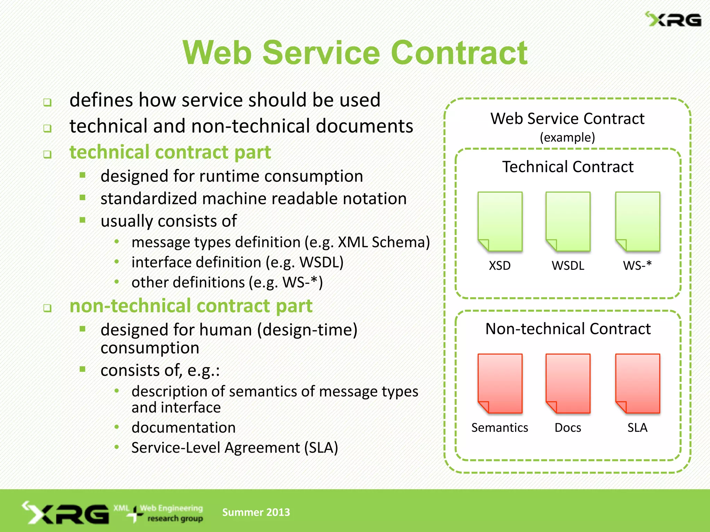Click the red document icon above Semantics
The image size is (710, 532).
pyautogui.click(x=500, y=383)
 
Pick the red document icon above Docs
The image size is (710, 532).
pyautogui.click(x=568, y=383)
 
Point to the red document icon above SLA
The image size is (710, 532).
pyautogui.click(x=637, y=383)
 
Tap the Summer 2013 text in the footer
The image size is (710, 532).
pyautogui.click(x=256, y=512)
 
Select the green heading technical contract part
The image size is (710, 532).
pyautogui.click(x=170, y=152)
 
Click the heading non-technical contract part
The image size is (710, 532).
pyautogui.click(x=191, y=306)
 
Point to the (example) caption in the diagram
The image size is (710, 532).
pyautogui.click(x=567, y=138)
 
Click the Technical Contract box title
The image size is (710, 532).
pyautogui.click(x=568, y=167)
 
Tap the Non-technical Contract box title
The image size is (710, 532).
pyautogui.click(x=568, y=329)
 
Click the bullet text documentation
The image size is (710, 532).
pyautogui.click(x=183, y=427)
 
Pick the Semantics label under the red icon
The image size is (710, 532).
pyautogui.click(x=500, y=428)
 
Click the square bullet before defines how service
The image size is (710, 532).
pyautogui.click(x=47, y=103)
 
